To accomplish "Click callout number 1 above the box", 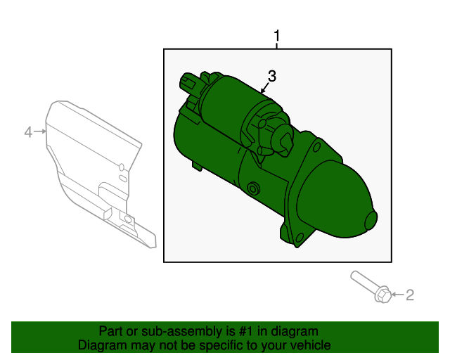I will point(277,35).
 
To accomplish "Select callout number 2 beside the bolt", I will point(409,295).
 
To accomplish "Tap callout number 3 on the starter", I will point(272,77).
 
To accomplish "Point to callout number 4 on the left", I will point(29,131).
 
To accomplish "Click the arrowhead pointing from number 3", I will point(262,91).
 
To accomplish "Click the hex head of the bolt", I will point(381,295).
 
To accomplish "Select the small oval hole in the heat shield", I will point(122,167).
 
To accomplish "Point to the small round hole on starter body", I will point(252,188).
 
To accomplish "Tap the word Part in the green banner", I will point(112,331).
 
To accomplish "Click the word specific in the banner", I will point(226,345).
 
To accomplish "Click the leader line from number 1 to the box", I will point(277,44).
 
